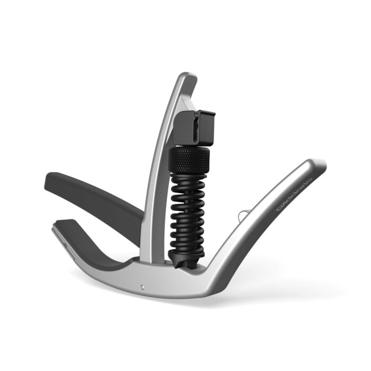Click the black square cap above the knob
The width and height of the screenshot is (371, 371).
[194, 127]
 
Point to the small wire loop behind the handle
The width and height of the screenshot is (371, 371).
[243, 215]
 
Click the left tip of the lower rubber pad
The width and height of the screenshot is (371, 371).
[58, 225]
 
